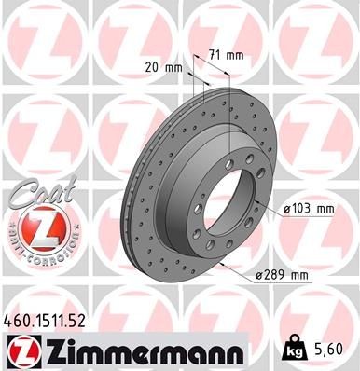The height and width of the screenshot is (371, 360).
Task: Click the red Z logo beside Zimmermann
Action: [25, 350]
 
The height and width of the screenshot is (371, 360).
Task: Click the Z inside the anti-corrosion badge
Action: [35, 225]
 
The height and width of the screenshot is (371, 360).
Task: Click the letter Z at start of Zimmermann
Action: [54, 350]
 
